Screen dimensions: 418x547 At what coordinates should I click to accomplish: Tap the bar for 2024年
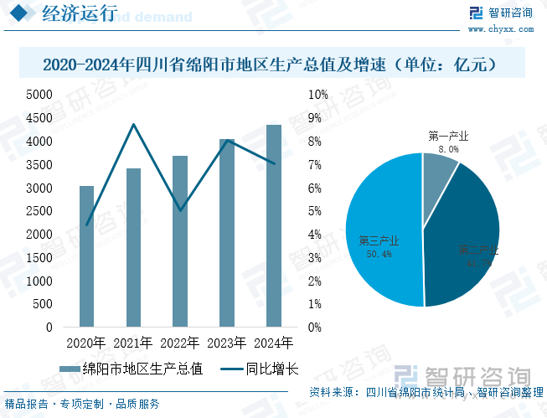[274, 225]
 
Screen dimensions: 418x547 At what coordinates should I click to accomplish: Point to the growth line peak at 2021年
[133, 125]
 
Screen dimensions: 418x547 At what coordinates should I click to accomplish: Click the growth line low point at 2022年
[180, 210]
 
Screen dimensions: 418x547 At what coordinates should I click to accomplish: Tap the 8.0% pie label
[448, 149]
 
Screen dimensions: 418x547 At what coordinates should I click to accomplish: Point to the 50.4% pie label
[379, 255]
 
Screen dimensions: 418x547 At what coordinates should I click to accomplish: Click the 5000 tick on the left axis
[39, 95]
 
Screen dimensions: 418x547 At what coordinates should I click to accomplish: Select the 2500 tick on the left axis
[39, 211]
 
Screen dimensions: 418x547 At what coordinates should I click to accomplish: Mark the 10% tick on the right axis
[318, 95]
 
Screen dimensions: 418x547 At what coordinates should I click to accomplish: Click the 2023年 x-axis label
[227, 343]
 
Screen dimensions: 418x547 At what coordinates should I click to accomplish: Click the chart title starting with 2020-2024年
[273, 65]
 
